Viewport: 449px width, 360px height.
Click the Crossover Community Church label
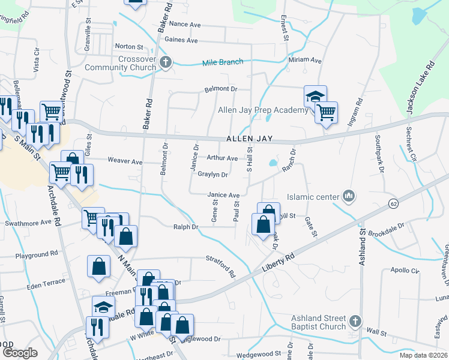coord(120,64)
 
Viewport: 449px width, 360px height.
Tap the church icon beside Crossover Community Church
coord(166,62)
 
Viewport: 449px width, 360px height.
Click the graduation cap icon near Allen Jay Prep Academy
coord(315,96)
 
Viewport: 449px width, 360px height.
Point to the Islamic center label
coord(313,197)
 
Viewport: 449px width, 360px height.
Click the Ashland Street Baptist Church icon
coord(356,322)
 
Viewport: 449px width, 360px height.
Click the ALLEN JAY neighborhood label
coord(250,139)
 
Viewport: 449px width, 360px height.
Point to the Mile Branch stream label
coord(222,62)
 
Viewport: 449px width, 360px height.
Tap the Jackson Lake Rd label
coord(420,88)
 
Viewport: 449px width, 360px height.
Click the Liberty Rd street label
coord(278,263)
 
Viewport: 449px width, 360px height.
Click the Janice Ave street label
coord(223,195)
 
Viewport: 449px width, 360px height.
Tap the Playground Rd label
coord(37,254)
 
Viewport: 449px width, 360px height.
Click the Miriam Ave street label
coord(306,61)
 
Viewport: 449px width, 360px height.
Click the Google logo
coord(20,353)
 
